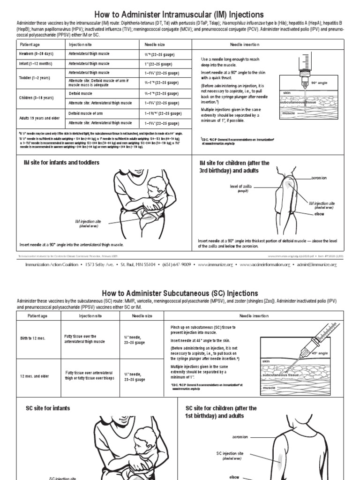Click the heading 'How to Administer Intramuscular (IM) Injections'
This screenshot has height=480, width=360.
click(x=180, y=15)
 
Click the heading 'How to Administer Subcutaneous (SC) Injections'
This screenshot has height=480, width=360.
click(x=180, y=293)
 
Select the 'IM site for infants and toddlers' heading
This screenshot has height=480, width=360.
click(x=59, y=163)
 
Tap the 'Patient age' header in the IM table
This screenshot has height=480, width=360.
click(x=31, y=44)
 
